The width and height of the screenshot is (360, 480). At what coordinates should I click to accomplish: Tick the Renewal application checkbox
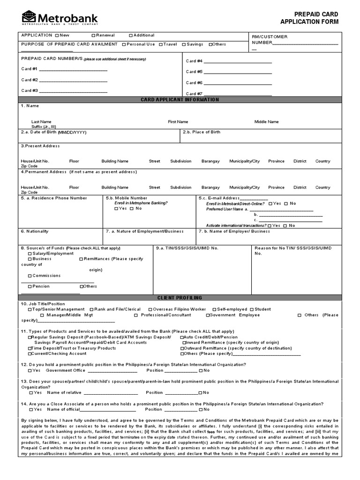93,36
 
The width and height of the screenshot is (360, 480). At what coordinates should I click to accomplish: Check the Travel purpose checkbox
160,45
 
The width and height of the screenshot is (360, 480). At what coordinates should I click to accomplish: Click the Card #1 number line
74,70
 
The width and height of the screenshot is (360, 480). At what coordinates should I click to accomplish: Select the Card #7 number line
237,94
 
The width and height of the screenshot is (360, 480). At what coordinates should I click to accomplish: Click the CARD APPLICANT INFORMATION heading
180,100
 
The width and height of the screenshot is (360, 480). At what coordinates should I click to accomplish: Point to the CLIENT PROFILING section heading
180,298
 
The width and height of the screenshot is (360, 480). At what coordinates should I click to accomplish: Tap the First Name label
178,122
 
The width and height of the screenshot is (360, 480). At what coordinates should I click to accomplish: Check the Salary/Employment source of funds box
30,254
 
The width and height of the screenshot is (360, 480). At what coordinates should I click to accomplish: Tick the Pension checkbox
30,286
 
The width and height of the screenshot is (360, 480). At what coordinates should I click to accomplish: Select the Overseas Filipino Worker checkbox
150,309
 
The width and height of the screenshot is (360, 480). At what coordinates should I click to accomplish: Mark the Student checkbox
252,309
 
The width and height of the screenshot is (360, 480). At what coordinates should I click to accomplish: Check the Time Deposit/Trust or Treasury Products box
30,348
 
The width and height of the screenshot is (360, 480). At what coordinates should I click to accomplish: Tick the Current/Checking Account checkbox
30,354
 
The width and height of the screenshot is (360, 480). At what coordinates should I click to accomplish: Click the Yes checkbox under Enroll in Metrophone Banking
116,209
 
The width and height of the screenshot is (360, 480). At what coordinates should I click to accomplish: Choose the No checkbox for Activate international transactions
286,225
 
